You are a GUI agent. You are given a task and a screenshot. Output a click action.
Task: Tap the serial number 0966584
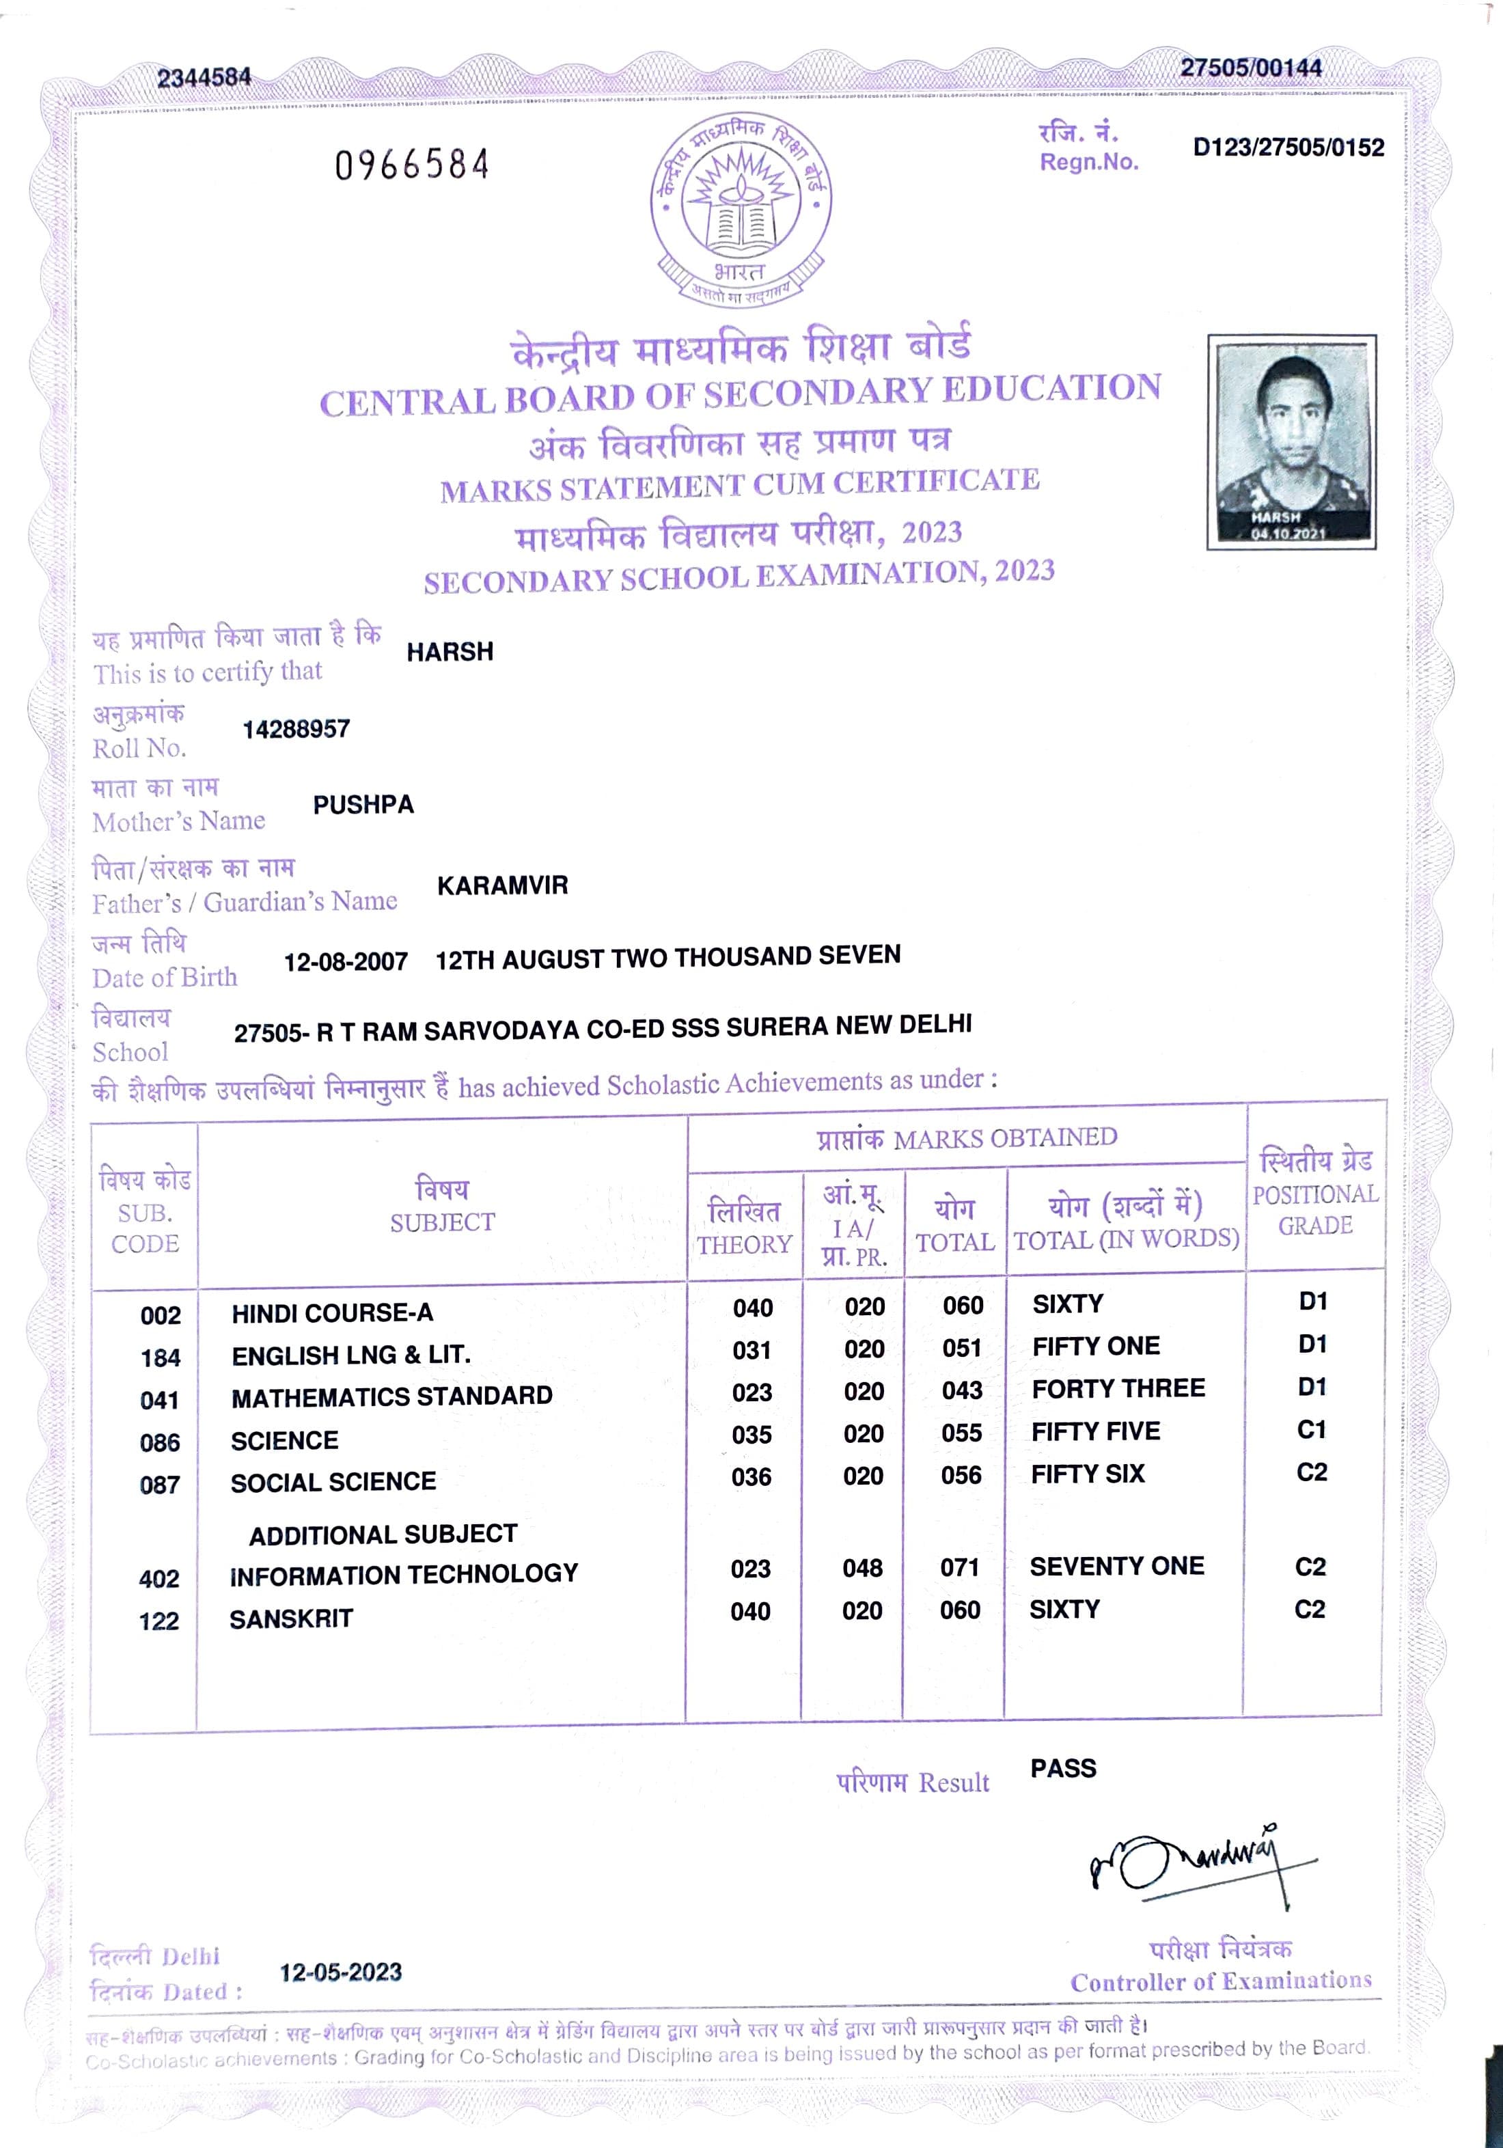(x=413, y=165)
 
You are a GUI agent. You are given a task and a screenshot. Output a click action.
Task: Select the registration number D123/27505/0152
(x=1288, y=148)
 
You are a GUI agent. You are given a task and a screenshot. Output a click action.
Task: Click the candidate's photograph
(x=1291, y=441)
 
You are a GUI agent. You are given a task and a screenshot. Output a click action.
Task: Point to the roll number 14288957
(x=296, y=729)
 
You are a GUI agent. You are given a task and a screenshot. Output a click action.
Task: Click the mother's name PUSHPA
(x=363, y=805)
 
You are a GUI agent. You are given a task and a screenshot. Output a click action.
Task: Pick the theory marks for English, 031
(x=752, y=1350)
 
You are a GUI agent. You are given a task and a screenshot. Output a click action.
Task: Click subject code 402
(x=159, y=1578)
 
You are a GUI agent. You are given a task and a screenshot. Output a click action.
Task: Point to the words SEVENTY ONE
(x=1117, y=1566)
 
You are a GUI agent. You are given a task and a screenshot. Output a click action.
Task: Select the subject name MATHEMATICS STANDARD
(x=392, y=1396)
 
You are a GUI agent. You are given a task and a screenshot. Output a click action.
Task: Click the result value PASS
(x=1062, y=1768)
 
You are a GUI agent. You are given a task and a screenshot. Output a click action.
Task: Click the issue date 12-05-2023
(x=340, y=1972)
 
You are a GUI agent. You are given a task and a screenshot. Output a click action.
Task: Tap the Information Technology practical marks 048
(x=861, y=1568)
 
